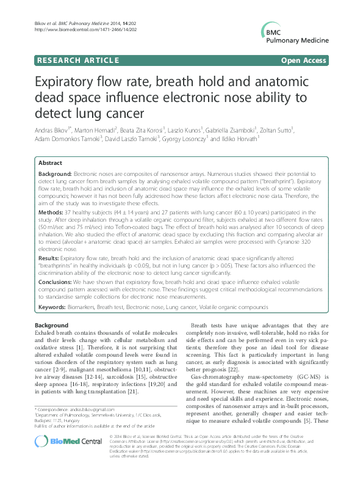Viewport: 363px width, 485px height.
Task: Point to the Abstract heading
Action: click(x=50, y=164)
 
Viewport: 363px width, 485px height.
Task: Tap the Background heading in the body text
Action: click(x=52, y=325)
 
